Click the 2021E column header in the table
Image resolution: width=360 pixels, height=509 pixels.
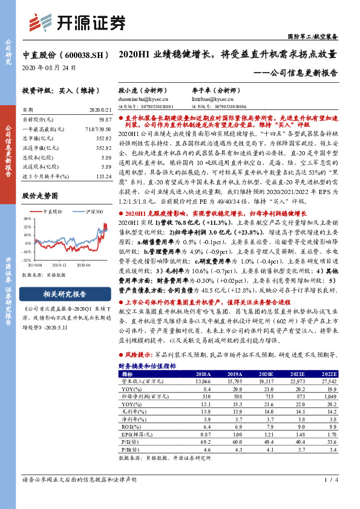pyautogui.click(x=292, y=374)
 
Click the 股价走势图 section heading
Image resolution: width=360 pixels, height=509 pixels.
pyautogui.click(x=40, y=196)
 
